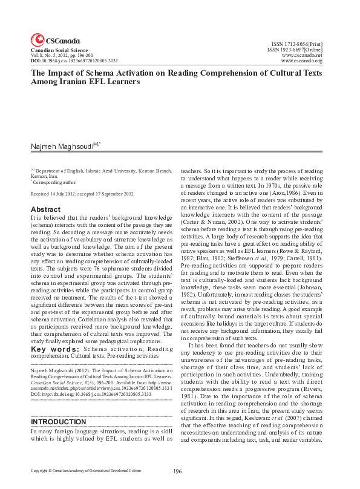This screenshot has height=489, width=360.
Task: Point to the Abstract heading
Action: coord(45,209)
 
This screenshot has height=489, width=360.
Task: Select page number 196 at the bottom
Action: coord(177,471)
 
